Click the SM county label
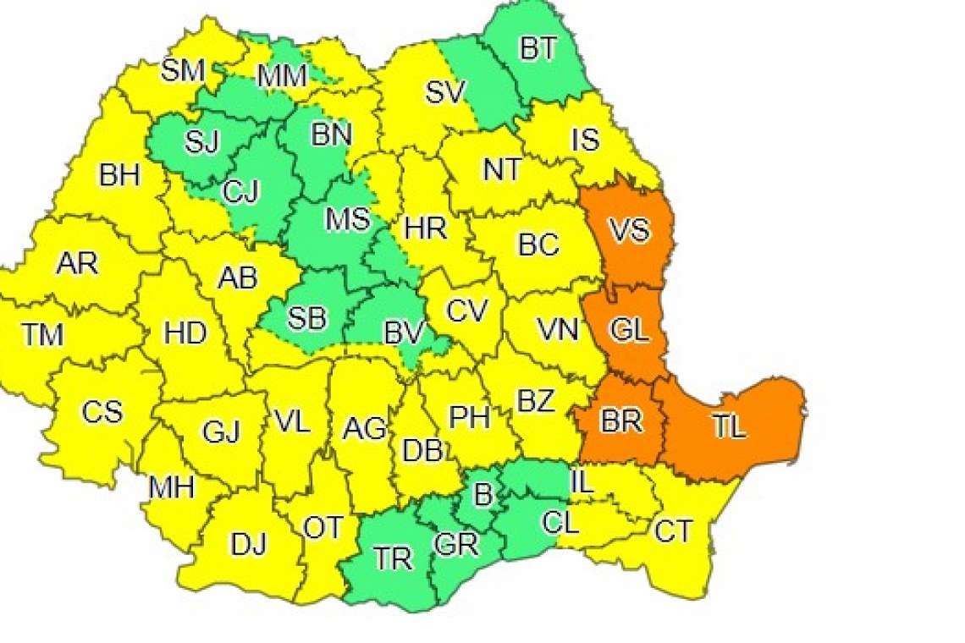coord(184,70)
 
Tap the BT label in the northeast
coord(538,49)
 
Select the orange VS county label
coord(630,230)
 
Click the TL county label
coord(729,427)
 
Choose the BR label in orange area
coord(621,421)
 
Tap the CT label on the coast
coord(673,532)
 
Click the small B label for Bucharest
coord(482,496)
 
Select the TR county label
coord(393,558)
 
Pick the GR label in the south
coord(456,544)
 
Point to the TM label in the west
coord(42,336)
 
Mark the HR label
coord(426,227)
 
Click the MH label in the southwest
coord(172,487)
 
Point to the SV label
coord(445,91)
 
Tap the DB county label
coord(422,452)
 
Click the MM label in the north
coord(282,77)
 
